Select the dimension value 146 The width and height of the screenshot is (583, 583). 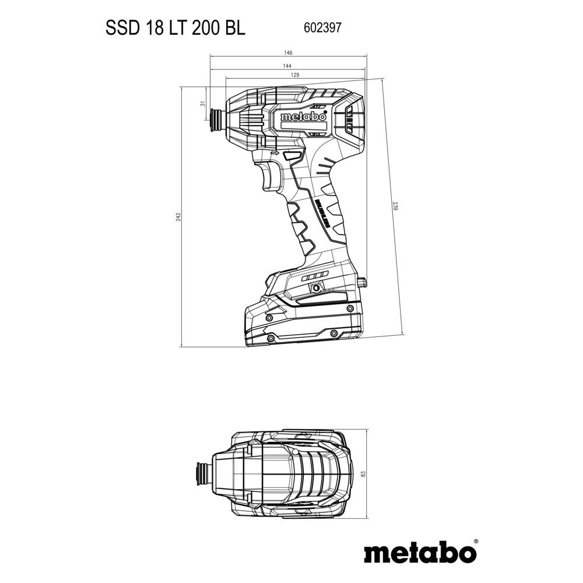tap(288, 53)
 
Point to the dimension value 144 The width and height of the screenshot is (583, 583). tap(287, 66)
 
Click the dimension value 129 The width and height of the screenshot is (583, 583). tap(295, 75)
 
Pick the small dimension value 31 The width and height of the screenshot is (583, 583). tap(202, 104)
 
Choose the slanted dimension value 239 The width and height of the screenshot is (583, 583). tap(395, 206)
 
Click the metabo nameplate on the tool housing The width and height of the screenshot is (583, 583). tap(303, 117)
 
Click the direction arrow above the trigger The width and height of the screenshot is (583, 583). tap(275, 153)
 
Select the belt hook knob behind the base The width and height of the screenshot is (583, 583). tap(363, 282)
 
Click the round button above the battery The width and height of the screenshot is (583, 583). tap(315, 287)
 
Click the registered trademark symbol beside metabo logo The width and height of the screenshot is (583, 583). tap(476, 542)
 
